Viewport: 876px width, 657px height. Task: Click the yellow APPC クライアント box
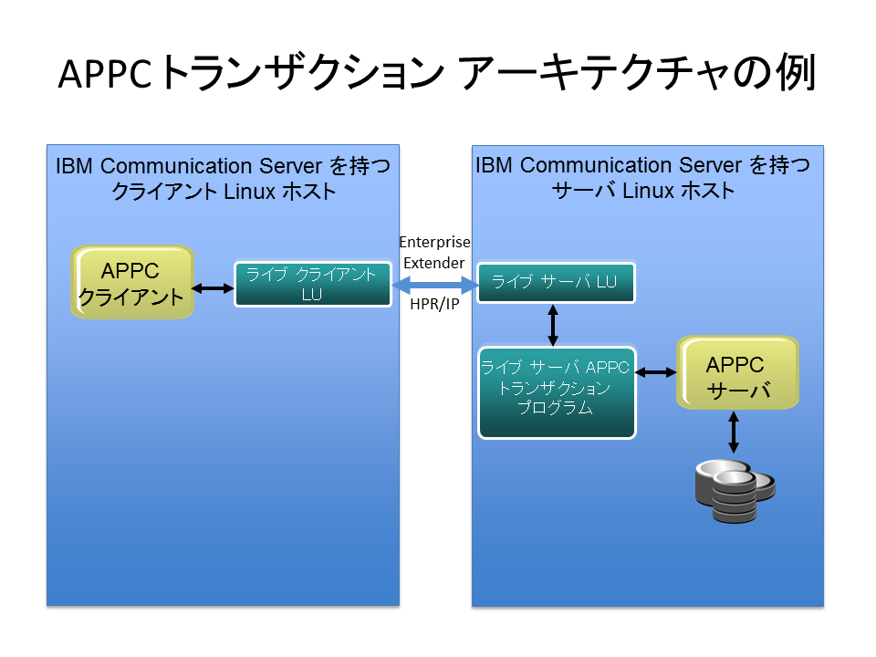[x=133, y=282]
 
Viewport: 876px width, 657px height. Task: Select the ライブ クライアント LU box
[x=312, y=284]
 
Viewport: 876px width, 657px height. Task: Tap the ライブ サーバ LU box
[x=556, y=282]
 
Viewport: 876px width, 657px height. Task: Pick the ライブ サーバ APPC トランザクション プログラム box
[x=556, y=392]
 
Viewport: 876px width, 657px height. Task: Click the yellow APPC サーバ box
[x=737, y=373]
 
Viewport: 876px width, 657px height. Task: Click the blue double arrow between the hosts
[x=435, y=286]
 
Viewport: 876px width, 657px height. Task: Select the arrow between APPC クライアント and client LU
[x=214, y=288]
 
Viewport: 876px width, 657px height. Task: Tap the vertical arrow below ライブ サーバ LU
[x=553, y=324]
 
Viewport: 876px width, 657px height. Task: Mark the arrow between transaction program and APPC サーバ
[x=655, y=372]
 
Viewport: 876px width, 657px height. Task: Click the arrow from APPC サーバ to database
[x=734, y=433]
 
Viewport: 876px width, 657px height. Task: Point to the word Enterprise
[x=434, y=243]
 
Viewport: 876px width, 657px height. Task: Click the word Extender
[x=434, y=263]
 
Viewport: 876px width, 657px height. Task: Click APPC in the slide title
[x=104, y=75]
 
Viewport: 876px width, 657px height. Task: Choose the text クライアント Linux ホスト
[x=223, y=192]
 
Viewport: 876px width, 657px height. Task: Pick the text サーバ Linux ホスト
[x=643, y=191]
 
